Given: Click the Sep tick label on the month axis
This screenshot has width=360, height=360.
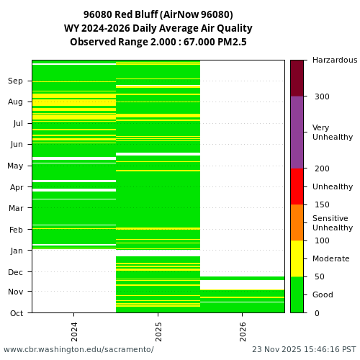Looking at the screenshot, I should [x=16, y=81].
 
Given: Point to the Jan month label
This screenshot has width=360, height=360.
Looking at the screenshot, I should [x=16, y=251].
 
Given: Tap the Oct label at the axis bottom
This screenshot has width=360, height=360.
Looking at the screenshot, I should [x=16, y=313].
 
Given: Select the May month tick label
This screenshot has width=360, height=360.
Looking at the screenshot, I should [x=15, y=166].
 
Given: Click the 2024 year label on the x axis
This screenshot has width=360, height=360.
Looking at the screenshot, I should [x=74, y=332].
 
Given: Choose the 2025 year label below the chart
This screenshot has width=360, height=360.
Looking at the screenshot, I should [x=158, y=332].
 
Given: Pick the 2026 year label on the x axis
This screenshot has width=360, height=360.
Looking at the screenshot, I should [x=243, y=332].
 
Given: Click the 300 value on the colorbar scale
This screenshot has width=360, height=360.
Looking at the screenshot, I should [x=322, y=96].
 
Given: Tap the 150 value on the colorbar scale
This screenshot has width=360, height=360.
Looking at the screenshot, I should [x=322, y=204].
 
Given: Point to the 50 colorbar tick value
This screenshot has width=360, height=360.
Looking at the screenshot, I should [x=320, y=276].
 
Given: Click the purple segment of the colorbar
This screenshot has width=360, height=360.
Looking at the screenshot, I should [x=297, y=132].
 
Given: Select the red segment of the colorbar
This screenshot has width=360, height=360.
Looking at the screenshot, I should [x=297, y=186].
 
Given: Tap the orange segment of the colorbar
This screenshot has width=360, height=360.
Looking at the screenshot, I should [x=297, y=222].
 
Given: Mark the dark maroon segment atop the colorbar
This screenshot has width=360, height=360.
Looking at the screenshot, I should [x=297, y=78].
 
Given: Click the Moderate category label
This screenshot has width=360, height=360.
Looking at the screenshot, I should [x=330, y=258].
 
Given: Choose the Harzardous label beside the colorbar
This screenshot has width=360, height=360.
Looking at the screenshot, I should [x=335, y=60].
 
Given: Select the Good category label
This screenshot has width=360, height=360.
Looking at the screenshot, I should [x=323, y=294].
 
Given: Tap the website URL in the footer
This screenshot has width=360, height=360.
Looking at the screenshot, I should [x=78, y=350].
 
